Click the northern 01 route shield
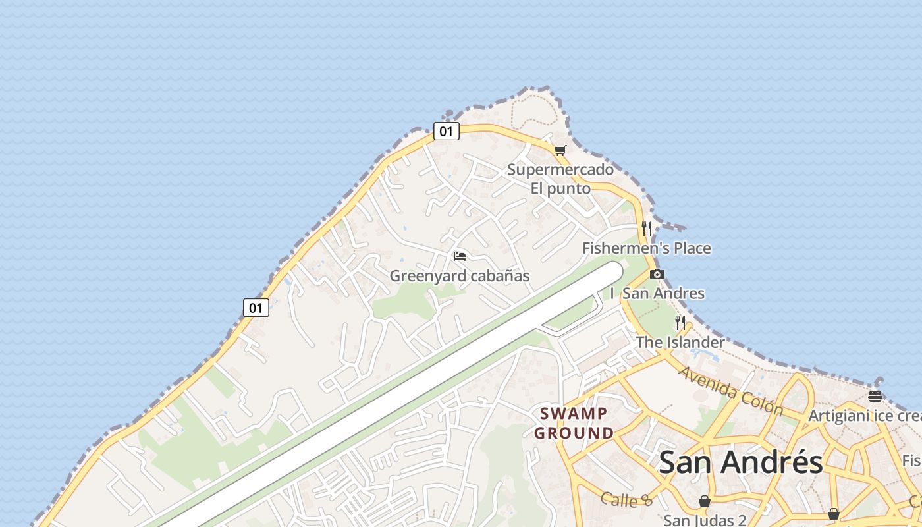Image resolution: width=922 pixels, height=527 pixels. (446, 131)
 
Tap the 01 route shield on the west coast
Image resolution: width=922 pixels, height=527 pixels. (256, 307)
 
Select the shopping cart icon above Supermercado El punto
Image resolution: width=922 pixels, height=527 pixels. (560, 150)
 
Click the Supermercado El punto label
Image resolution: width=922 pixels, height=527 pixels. (560, 179)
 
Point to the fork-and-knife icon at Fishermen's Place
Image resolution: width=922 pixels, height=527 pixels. (647, 229)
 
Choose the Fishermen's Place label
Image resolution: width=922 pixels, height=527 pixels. (646, 248)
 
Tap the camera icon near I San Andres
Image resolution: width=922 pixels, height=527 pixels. (657, 275)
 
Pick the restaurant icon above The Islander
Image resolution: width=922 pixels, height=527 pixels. (680, 323)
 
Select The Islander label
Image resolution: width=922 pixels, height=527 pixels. (680, 343)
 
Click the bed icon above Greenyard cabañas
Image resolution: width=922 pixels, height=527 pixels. (460, 256)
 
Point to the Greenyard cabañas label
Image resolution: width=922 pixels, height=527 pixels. (460, 276)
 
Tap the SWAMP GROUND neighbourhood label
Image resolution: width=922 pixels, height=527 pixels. (574, 424)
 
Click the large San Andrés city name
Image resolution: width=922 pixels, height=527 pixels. (741, 462)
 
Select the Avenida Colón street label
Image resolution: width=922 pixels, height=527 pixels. (730, 391)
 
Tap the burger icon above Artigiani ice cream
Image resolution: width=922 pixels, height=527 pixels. (875, 396)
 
